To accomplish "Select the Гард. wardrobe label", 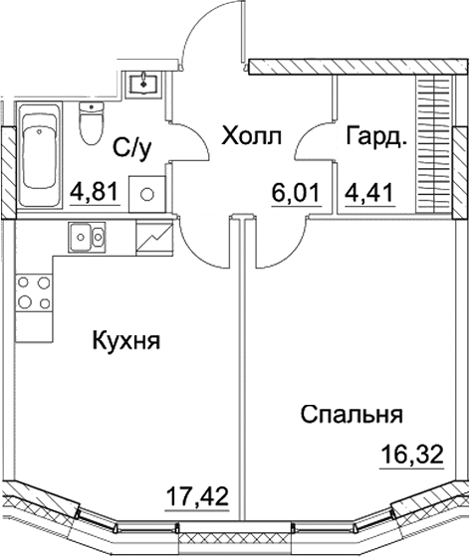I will coord(375,135).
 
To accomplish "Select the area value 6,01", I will coord(296,187).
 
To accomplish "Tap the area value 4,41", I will coord(365,187).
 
